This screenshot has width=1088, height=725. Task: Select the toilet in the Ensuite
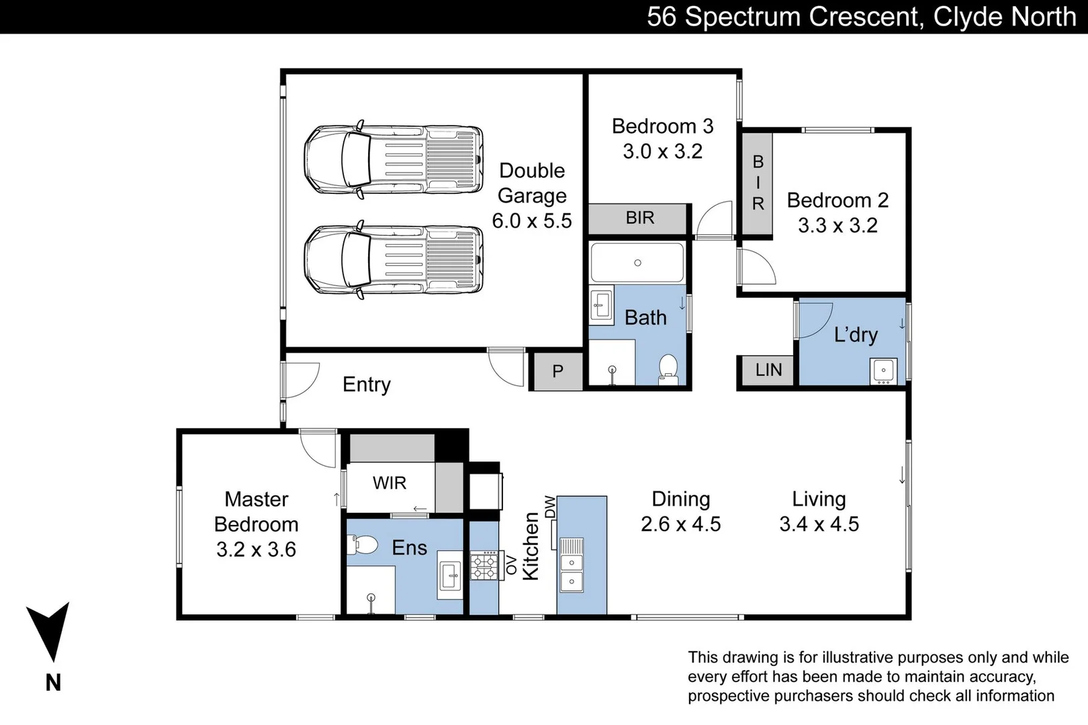coord(362,545)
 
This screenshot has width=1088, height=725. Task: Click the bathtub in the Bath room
coord(637,262)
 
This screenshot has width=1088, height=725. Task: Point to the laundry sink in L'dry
coord(884,371)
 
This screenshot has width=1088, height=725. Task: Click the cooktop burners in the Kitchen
coord(484,566)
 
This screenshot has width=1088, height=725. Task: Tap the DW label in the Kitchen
coord(549,506)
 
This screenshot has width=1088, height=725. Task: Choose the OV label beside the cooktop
coord(511,566)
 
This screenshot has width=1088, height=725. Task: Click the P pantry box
coord(558,371)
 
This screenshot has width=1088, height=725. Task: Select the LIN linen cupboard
coord(768,370)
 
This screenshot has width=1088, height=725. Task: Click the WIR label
coord(389,483)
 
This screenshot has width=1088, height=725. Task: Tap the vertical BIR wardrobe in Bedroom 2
coord(757,183)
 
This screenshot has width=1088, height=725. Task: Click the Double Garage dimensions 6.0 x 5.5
coord(532,221)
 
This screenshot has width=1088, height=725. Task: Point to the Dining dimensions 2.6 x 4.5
coord(680,524)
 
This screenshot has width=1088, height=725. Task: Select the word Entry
coord(367,385)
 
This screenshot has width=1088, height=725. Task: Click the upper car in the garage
coord(394,159)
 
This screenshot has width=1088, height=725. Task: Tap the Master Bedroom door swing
coord(318,448)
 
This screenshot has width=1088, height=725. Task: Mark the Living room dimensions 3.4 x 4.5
coord(819,524)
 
